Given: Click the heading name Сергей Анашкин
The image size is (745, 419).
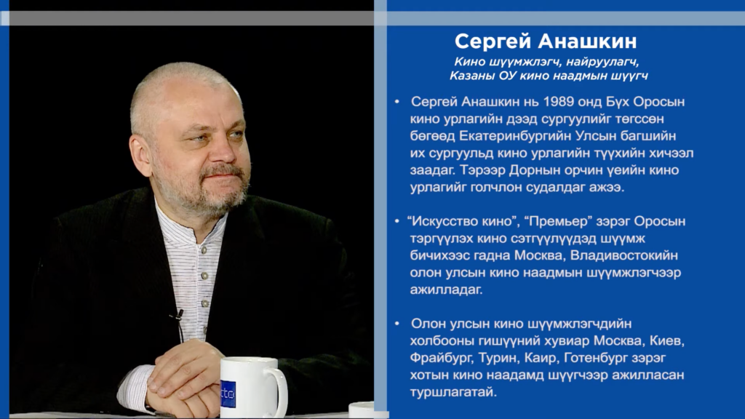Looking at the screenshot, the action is click(546, 41).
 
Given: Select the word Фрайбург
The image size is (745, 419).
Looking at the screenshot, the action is click(442, 358).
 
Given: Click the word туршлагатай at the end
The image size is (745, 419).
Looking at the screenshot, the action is click(453, 392).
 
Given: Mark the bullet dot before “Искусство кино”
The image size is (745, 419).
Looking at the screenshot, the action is click(397, 221).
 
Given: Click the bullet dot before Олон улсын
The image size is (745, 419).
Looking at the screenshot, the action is click(397, 324).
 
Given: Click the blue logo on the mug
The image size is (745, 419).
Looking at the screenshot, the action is click(228, 394).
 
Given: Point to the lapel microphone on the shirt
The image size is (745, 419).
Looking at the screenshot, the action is click(178, 316).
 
